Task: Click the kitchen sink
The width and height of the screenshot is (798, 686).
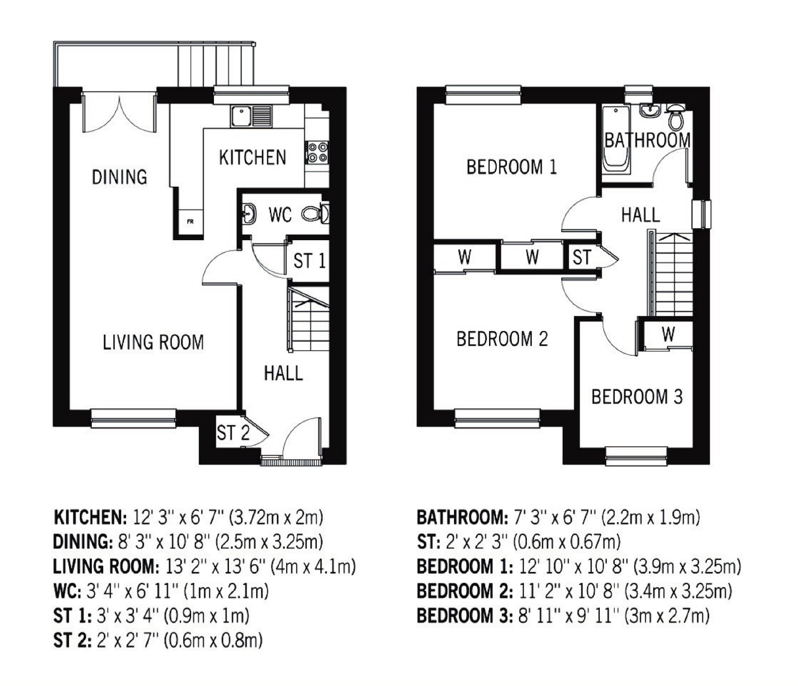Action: (251, 116)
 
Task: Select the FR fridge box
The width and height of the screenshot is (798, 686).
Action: (190, 222)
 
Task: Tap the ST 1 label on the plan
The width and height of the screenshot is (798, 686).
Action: (310, 261)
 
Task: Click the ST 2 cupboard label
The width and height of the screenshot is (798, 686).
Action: (233, 433)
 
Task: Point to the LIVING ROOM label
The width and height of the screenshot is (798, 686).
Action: (153, 342)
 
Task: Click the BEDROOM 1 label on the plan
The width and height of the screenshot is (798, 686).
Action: (512, 167)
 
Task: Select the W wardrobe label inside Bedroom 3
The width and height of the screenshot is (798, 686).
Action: (668, 334)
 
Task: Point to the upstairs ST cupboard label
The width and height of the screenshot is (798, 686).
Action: (582, 258)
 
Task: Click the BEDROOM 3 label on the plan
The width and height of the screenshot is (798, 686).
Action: (637, 397)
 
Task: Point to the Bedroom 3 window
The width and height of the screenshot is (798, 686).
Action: (636, 456)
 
